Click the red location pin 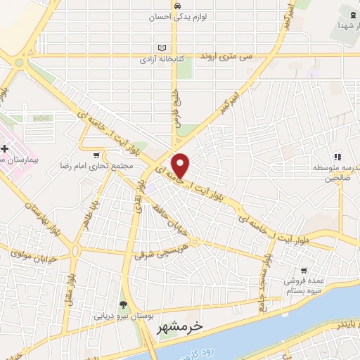tap(181, 165)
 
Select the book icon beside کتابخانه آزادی tap(163, 48)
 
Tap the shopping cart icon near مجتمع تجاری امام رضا tap(96, 154)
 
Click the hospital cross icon tap(6, 148)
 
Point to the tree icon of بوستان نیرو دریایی tap(124, 304)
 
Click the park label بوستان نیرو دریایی tap(124, 316)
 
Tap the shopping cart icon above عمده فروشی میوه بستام tap(303, 269)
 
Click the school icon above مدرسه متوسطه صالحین tap(337, 156)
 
